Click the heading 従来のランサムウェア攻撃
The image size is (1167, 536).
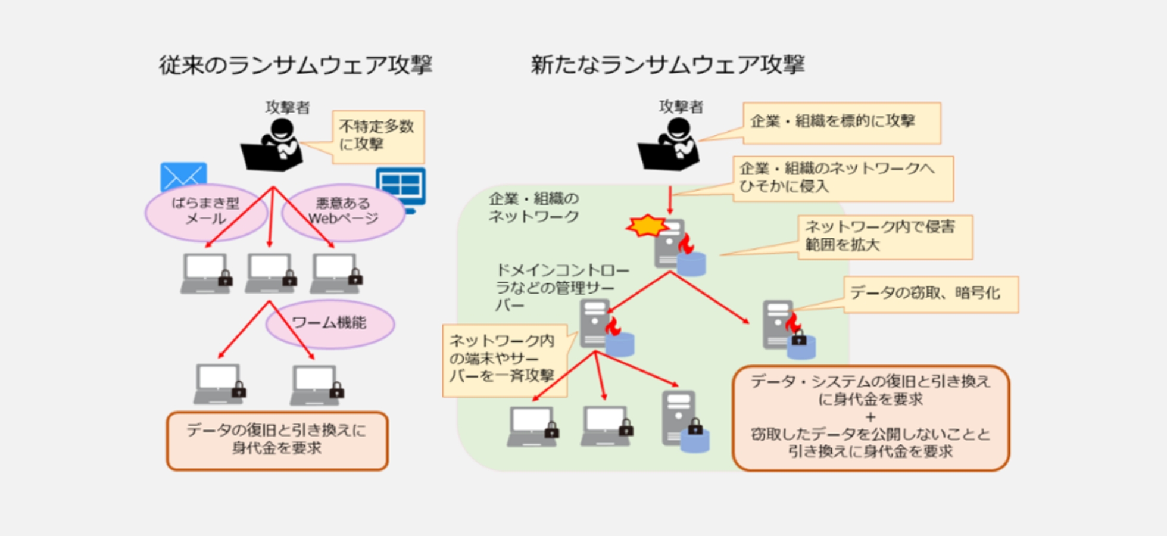pyautogui.click(x=295, y=65)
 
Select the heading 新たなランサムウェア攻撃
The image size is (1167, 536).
pyautogui.click(x=667, y=64)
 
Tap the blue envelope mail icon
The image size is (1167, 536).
pyautogui.click(x=183, y=176)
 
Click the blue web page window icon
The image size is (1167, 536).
pyautogui.click(x=401, y=188)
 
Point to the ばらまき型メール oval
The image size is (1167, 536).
pyautogui.click(x=206, y=211)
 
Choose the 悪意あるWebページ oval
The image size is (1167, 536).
pyautogui.click(x=344, y=211)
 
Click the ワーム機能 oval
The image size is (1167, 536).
pyautogui.click(x=330, y=323)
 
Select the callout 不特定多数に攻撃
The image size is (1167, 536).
pyautogui.click(x=378, y=136)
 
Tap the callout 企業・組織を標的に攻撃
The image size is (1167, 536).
pyautogui.click(x=841, y=123)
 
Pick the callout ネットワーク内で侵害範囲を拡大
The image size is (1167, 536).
pyautogui.click(x=885, y=237)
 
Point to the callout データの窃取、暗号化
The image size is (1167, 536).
pyautogui.click(x=930, y=294)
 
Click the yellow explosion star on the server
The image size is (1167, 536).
pyautogui.click(x=647, y=226)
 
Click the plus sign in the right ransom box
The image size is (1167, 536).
pyautogui.click(x=870, y=416)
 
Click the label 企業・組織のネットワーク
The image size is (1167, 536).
pyautogui.click(x=533, y=207)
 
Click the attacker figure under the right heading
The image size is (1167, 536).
pyautogui.click(x=669, y=144)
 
